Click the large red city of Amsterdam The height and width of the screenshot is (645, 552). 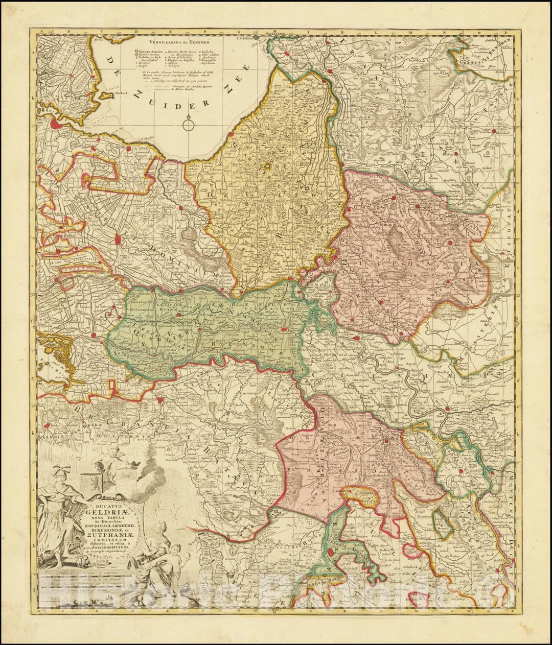point(57,123)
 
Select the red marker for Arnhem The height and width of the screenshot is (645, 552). point(290,279)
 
